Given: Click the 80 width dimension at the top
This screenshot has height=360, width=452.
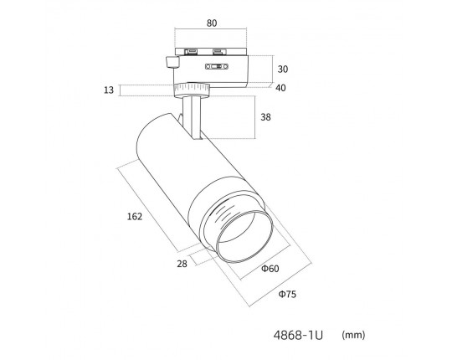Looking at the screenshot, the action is (x=212, y=23).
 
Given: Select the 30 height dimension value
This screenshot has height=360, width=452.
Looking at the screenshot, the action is (x=283, y=69).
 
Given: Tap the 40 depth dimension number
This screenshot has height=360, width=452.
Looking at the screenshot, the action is (x=280, y=88).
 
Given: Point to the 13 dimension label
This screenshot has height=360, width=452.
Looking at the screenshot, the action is (x=109, y=90).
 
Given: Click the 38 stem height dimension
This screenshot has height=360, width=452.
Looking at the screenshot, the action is (x=265, y=117).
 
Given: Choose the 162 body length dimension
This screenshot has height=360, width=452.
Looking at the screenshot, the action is (x=135, y=216).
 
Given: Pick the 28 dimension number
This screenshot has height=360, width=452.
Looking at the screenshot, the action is (x=182, y=264).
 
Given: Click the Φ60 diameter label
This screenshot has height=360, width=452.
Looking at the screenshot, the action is (x=270, y=269).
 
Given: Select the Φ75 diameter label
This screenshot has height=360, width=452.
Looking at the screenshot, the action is (x=287, y=295).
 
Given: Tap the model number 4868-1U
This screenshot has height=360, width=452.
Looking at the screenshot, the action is (x=298, y=335).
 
